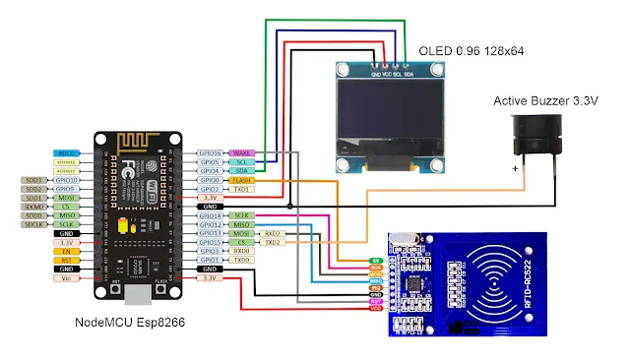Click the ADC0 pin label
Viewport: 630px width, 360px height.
(66, 154)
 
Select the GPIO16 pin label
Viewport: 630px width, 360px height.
(210, 154)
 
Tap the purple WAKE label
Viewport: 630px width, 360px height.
(241, 154)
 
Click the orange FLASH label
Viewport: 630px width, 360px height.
(242, 181)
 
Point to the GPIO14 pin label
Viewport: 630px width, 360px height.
(210, 214)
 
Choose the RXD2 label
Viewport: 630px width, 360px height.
(274, 234)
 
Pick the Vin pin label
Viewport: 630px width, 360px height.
(66, 278)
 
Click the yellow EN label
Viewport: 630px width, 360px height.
(66, 251)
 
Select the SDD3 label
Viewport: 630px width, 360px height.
(33, 181)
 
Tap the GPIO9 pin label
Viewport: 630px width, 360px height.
(66, 190)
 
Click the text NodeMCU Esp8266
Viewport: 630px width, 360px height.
(130, 322)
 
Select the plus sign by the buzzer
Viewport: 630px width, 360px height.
(516, 168)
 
